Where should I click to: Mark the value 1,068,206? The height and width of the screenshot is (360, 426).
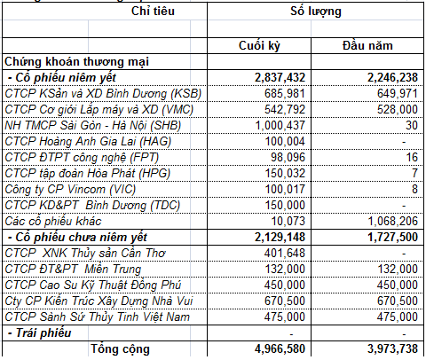tap(385, 222)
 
